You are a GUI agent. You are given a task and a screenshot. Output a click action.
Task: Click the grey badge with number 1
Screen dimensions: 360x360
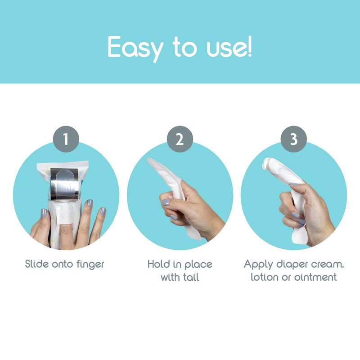click(66, 139)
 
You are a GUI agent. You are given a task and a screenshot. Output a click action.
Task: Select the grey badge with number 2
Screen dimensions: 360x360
click(180, 139)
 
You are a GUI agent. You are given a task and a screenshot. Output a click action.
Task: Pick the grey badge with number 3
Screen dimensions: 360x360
click(294, 139)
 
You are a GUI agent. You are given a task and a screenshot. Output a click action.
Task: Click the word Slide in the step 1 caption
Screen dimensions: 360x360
click(37, 264)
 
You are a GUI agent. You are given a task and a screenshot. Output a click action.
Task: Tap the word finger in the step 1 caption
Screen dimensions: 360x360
click(90, 265)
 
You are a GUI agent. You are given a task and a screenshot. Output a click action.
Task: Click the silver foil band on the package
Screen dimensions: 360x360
click(65, 184)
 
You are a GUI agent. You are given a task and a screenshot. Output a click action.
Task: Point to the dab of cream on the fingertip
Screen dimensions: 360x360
click(266, 163)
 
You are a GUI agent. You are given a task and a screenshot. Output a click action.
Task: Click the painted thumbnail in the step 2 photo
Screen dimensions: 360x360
click(166, 202)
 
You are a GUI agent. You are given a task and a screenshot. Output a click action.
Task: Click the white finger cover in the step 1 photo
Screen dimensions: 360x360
click(65, 213)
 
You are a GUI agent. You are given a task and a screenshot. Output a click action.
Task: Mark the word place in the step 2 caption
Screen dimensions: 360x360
click(198, 265)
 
